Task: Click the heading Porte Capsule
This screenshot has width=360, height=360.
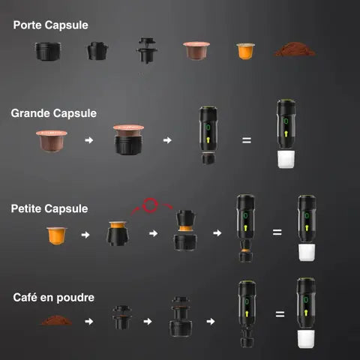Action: [50, 25]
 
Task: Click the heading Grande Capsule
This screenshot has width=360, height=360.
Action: [53, 113]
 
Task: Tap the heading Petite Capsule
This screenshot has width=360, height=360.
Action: [50, 208]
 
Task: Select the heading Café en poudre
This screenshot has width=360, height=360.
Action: [54, 298]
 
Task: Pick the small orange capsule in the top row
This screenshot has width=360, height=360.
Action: [244, 51]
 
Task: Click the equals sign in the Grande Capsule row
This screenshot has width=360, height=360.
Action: [246, 140]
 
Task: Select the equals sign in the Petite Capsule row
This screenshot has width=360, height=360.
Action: [277, 232]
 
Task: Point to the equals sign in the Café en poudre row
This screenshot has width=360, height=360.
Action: [280, 315]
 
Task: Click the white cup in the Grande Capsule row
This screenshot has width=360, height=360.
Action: [285, 160]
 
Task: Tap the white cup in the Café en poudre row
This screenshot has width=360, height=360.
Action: [304, 338]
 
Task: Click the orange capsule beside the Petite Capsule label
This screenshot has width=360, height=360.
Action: [56, 235]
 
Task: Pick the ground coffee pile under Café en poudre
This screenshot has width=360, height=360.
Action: [56, 321]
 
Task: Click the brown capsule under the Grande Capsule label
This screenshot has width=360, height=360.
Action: [52, 141]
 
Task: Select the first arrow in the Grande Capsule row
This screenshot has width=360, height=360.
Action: [89, 140]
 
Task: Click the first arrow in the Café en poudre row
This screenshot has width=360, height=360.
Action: [89, 321]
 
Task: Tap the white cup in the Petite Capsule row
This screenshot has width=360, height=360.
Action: [304, 252]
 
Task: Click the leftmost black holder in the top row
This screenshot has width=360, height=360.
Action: [49, 51]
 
